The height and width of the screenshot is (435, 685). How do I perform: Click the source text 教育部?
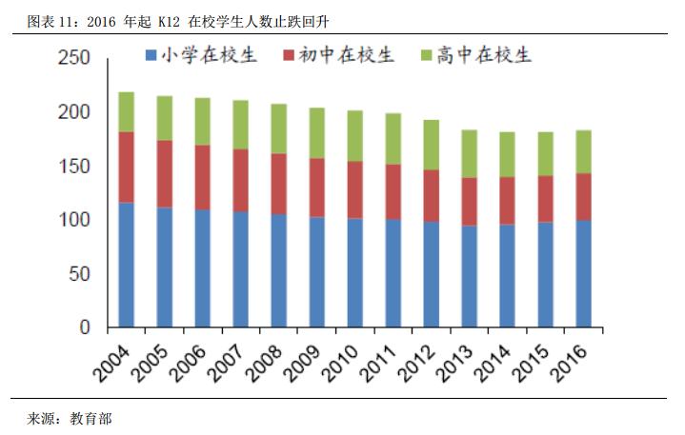click(x=89, y=418)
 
